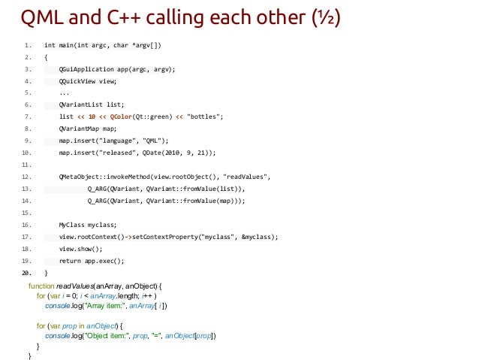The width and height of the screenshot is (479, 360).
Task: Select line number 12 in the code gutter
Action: click(x=26, y=176)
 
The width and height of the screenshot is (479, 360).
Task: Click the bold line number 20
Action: click(x=26, y=272)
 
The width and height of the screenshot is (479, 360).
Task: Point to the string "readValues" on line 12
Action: click(x=248, y=176)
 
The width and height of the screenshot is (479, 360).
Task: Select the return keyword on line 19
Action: click(x=70, y=260)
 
